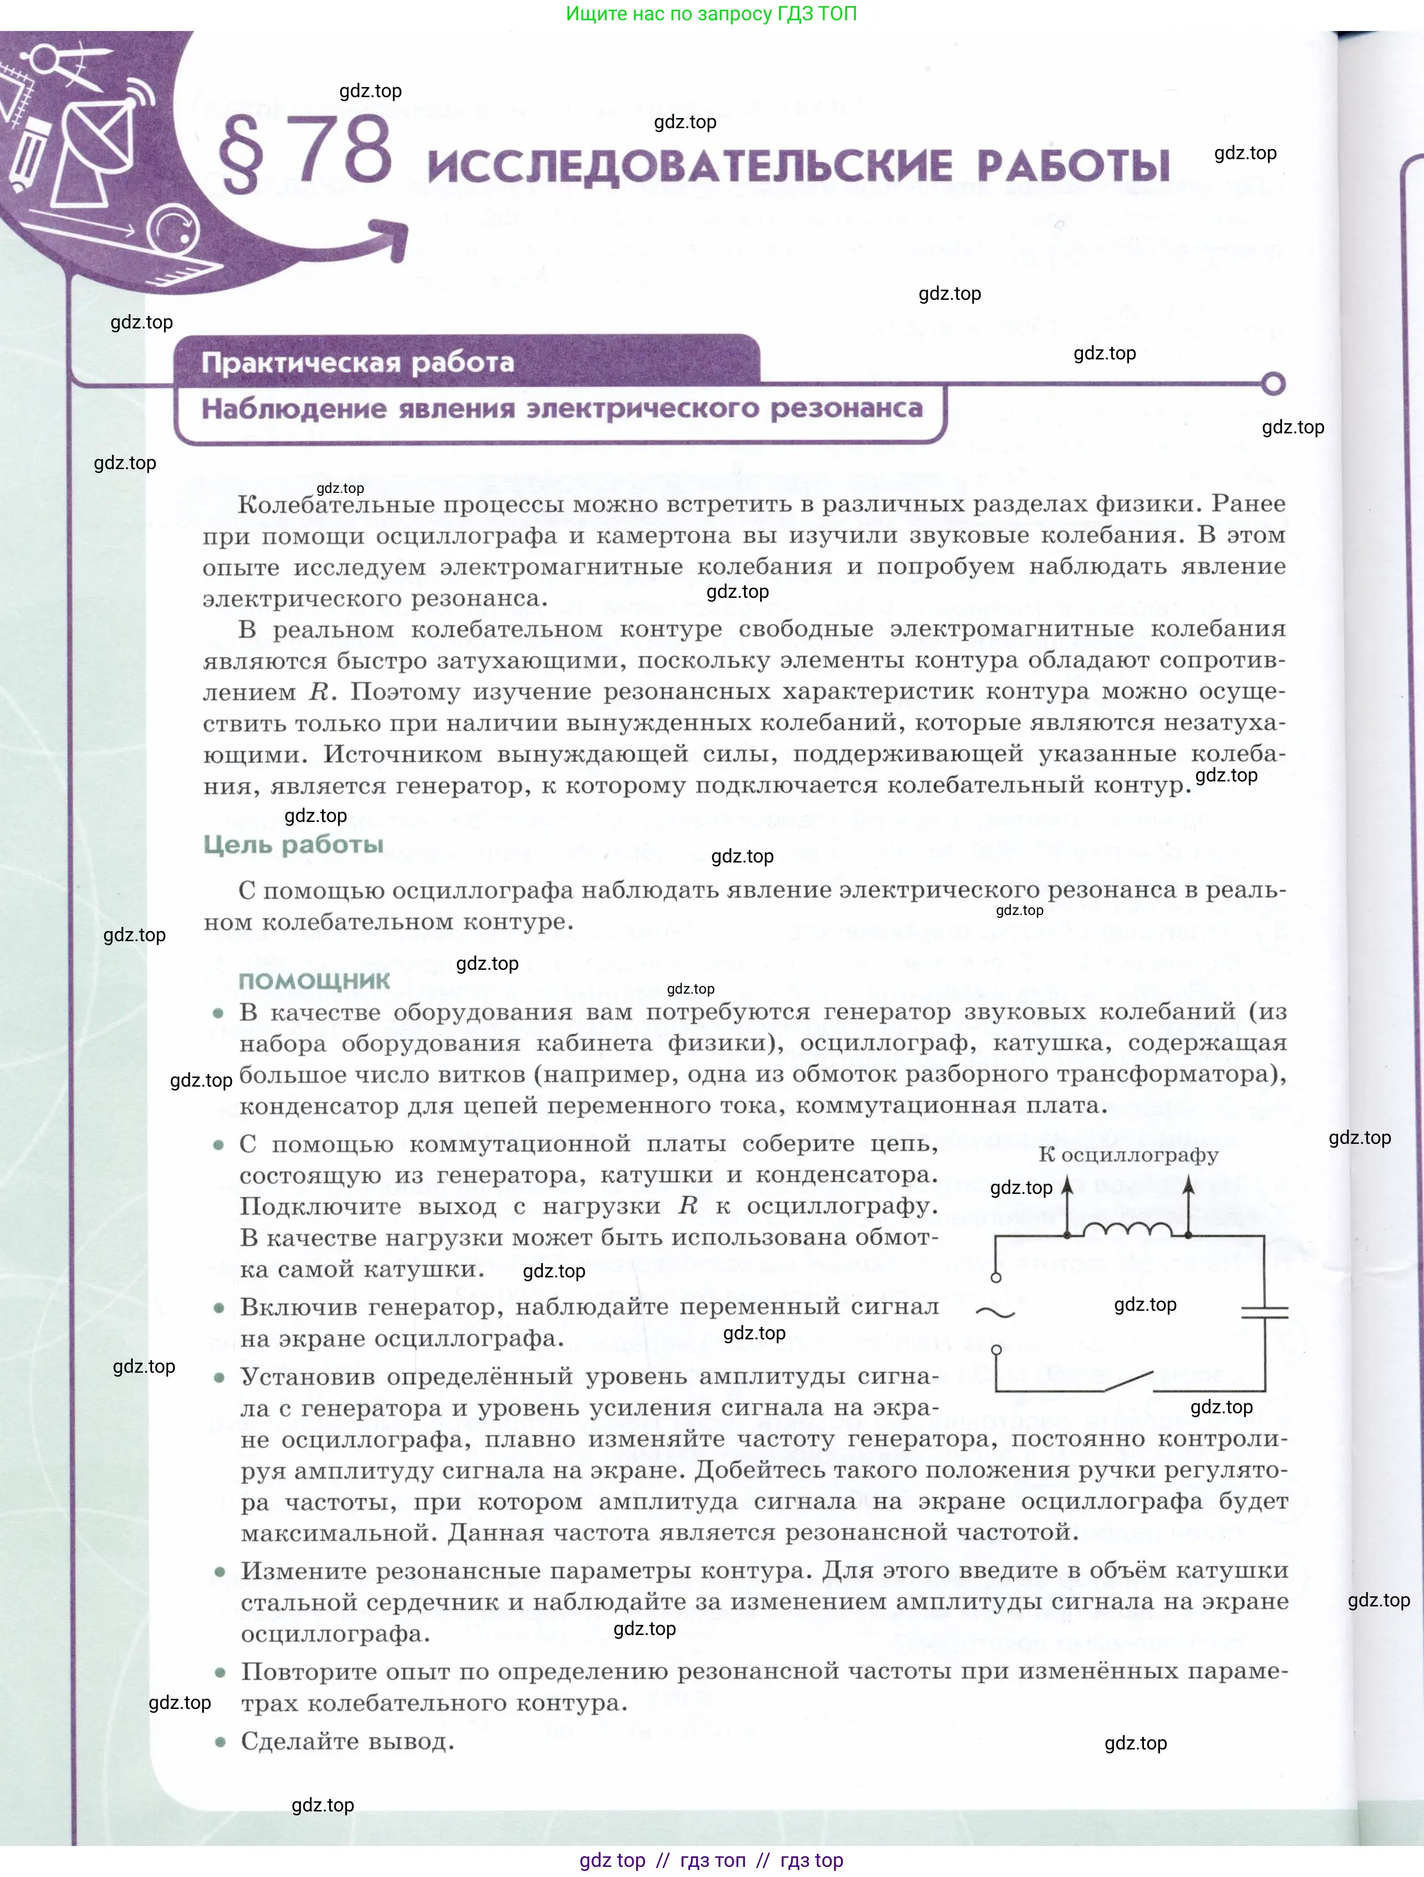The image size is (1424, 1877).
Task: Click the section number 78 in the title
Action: (345, 150)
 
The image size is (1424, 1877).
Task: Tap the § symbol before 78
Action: (241, 154)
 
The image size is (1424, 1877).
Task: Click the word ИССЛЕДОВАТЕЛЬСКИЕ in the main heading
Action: (689, 166)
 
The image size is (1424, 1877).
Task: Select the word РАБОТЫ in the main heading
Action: (1073, 166)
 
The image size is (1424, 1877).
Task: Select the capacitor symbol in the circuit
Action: (1264, 1313)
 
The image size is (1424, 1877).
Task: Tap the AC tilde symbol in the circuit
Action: (995, 1313)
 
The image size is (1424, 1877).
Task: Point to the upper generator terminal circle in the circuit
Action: (996, 1277)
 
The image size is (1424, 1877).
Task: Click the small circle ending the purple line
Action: (1273, 383)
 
